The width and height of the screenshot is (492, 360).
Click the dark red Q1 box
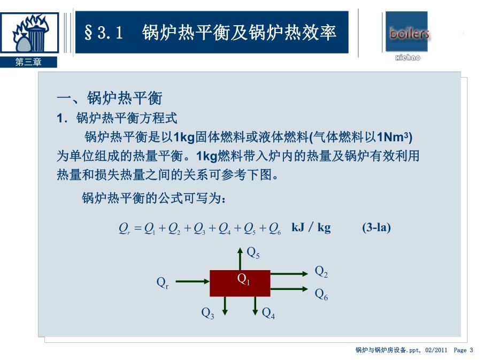tap(240, 283)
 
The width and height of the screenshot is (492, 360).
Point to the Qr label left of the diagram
tap(162, 282)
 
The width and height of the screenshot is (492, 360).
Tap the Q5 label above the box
tap(253, 252)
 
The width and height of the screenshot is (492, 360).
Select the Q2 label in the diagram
tap(321, 272)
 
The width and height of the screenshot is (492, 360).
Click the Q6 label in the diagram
tap(321, 294)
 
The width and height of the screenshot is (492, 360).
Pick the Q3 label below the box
tap(207, 313)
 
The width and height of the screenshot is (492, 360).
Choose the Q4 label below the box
tap(268, 313)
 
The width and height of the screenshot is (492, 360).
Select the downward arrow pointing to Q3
tap(225, 305)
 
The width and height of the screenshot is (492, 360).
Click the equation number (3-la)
tap(376, 227)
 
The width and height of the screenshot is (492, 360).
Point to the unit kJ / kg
tap(311, 227)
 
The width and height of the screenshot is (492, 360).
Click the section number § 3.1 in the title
tap(104, 33)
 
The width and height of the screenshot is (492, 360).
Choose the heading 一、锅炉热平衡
tap(109, 98)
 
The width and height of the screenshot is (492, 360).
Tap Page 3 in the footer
tap(463, 350)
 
